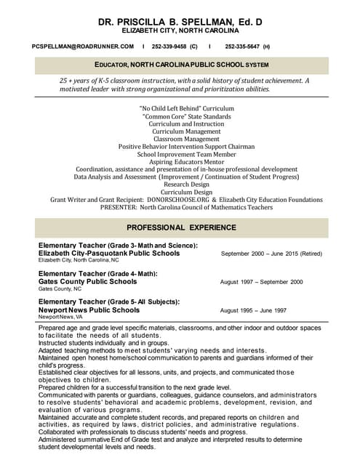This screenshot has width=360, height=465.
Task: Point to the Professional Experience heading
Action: [180, 227]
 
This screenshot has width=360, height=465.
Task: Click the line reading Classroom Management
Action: [180, 139]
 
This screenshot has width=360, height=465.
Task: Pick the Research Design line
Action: [180, 184]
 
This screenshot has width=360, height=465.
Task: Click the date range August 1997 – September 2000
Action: [261, 282]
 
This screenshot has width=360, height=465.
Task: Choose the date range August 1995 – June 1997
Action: [253, 310]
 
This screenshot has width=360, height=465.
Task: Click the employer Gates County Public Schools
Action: [87, 281]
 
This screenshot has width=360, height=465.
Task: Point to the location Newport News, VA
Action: [60, 318]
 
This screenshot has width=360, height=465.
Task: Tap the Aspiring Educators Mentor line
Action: [180, 161]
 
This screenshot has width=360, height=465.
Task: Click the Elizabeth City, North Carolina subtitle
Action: [180, 31]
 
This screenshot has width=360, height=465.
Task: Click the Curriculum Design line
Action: [180, 191]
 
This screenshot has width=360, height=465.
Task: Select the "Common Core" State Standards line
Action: [180, 116]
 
